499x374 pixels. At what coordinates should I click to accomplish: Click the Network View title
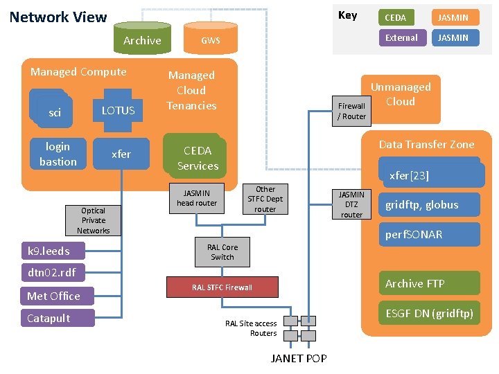58,17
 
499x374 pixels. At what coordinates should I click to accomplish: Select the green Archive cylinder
141,40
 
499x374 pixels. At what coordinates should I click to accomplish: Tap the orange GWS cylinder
210,40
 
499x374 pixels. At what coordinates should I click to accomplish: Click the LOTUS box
119,110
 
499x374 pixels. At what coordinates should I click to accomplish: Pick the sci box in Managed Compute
54,112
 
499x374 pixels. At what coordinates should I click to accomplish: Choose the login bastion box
58,154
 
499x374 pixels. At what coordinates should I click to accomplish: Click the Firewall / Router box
351,111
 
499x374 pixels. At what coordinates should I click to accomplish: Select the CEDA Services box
197,158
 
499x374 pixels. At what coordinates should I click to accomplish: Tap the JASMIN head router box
196,198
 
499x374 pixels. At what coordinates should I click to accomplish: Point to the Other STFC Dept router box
265,199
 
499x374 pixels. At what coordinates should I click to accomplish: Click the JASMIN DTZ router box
351,204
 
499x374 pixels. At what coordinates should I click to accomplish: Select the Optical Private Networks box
93,220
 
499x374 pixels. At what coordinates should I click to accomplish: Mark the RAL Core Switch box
222,252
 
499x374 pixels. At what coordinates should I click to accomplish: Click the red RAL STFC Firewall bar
222,287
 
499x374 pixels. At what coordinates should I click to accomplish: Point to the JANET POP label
299,358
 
